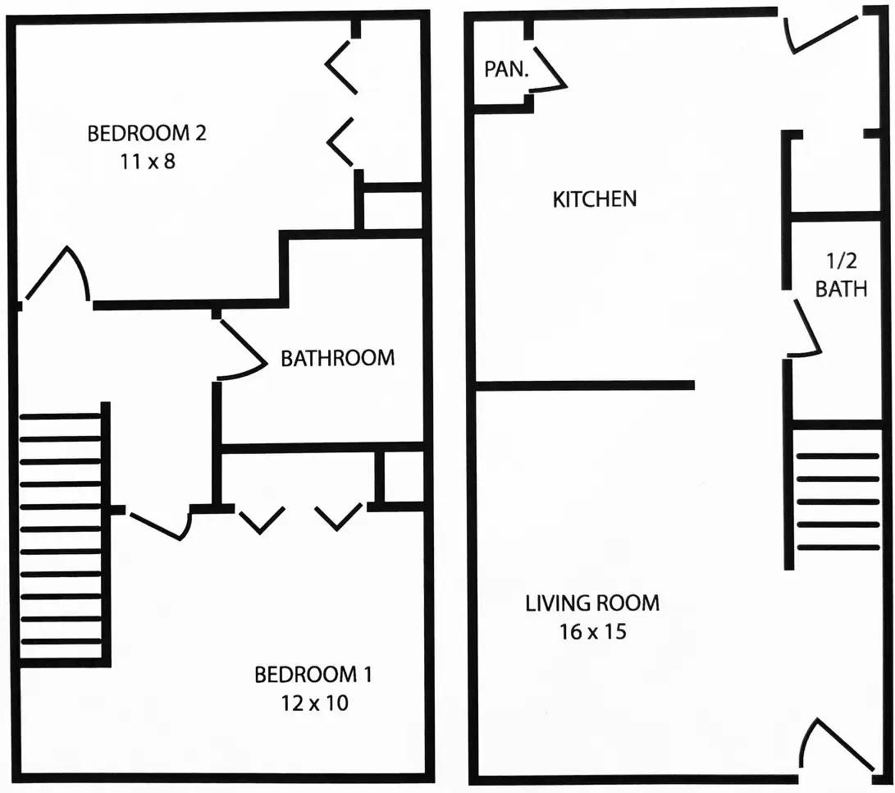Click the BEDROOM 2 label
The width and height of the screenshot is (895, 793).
coord(147,133)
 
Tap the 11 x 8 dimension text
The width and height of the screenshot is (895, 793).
coord(147,161)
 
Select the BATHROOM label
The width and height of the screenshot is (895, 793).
coord(337,358)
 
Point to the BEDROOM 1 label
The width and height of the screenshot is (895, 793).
coord(313,675)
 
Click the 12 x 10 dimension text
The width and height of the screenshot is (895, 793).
coord(313,704)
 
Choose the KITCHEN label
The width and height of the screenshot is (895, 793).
coord(595,199)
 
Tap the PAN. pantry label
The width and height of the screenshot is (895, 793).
coord(506,70)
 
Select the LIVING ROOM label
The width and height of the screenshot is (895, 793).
coord(591,603)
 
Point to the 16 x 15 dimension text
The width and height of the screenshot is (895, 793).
coord(591,632)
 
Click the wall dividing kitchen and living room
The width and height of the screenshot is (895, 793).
coord(585,385)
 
